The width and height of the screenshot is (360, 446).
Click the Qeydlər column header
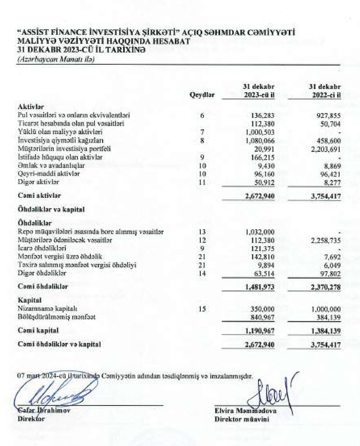(202, 95)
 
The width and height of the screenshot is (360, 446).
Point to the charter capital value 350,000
(262, 309)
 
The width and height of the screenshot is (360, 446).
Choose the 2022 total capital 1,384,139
(325, 331)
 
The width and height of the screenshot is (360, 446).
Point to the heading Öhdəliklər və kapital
(51, 210)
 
